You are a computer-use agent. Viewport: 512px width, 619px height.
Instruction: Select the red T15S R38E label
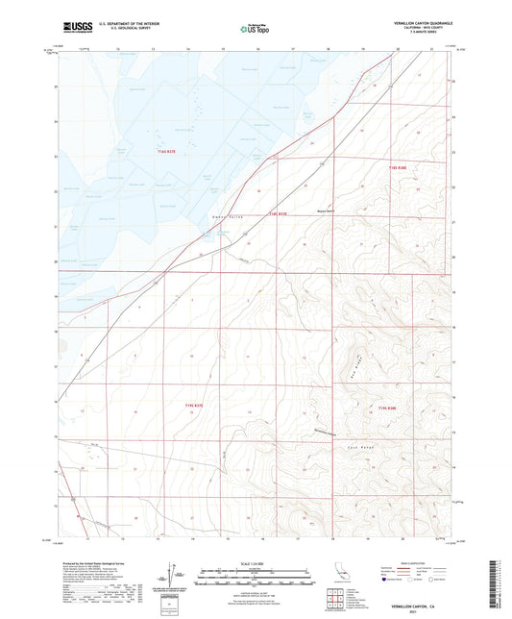387,409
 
